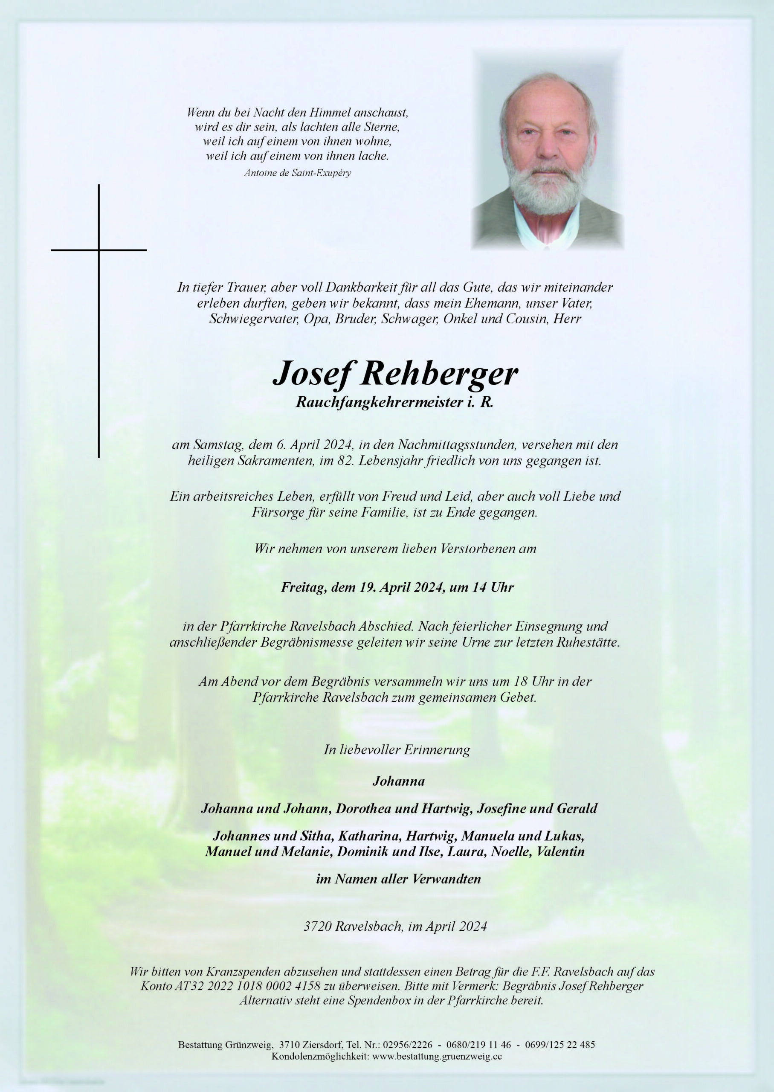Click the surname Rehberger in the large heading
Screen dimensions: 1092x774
(438, 374)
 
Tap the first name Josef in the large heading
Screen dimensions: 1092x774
(313, 374)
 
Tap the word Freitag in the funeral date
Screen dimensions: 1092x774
(303, 587)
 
